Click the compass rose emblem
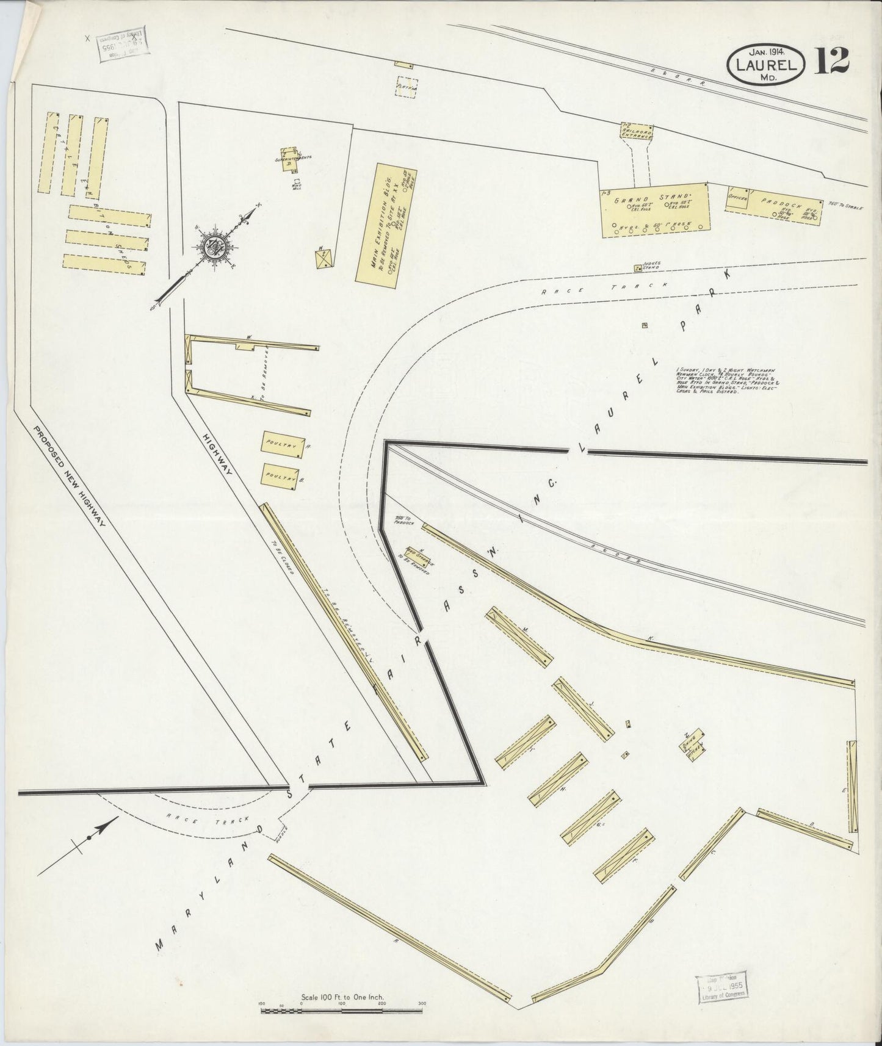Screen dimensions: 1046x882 [x=215, y=245]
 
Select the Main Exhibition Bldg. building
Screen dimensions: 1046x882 [x=386, y=223]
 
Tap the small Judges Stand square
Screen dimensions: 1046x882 [x=637, y=267]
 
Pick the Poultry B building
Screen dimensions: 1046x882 [x=281, y=475]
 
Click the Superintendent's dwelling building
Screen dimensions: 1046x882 [x=289, y=159]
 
